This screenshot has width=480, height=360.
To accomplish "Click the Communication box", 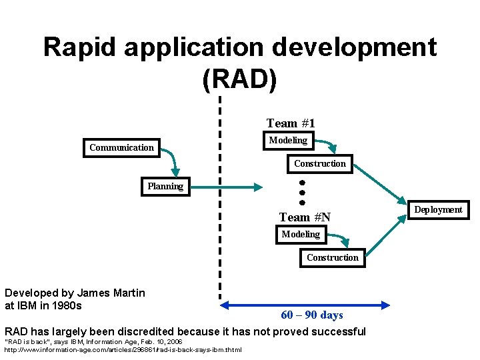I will point(121,147).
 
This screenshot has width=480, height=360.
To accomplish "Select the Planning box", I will point(165,186).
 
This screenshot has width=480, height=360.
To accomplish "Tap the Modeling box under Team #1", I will point(288,140).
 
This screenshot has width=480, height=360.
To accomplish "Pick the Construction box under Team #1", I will point(320,163).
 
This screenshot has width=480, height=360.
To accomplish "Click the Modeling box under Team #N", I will point(301,234).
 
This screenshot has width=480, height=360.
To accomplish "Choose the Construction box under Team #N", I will point(333,257).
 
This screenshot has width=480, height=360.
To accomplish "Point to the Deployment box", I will point(438,209).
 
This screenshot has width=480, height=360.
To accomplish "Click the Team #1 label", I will point(291,123).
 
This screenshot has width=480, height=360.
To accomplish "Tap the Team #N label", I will point(305,217).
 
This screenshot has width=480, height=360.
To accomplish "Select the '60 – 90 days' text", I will point(312,315).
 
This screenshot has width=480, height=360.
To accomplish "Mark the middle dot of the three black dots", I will point(301,192).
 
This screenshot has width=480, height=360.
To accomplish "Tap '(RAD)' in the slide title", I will point(239,79).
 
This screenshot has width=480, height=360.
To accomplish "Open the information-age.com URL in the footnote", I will point(123,349).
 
